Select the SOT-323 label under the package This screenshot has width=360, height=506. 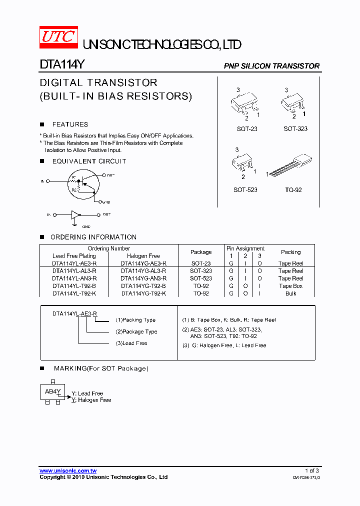295,129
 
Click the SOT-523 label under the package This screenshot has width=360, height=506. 245,190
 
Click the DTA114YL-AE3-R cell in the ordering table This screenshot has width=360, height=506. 74,263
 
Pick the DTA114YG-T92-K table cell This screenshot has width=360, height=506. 143,293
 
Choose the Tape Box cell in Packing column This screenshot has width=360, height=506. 291,286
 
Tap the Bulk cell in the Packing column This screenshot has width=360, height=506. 291,293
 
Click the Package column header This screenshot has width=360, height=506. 201,252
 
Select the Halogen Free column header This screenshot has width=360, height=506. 143,256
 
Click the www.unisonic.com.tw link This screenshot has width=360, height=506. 68,471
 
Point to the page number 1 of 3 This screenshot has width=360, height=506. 311,471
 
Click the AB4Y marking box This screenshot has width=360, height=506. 52,392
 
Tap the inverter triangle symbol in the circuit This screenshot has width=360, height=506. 75,215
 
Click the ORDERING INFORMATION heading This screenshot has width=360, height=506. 93,237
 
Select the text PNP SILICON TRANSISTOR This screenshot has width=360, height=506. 271,66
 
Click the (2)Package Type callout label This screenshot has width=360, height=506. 136,331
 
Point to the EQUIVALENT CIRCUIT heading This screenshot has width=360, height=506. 89,161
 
